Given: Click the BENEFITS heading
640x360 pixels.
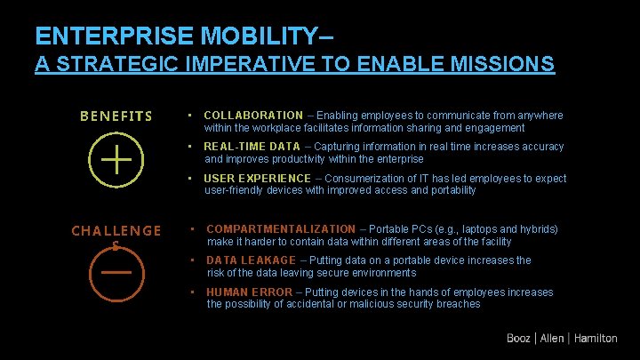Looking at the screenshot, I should [x=116, y=116].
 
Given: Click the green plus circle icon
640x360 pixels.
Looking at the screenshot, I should [x=116, y=161].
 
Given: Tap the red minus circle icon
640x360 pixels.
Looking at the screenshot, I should [x=116, y=273].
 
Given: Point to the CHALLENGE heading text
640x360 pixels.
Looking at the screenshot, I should [x=116, y=231].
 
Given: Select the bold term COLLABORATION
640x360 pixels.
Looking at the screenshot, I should [x=253, y=116].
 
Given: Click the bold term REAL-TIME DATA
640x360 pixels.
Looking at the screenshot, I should [x=252, y=147].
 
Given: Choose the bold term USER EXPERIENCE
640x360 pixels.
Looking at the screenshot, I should [x=258, y=179].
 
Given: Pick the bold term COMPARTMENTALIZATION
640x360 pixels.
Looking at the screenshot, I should [x=280, y=229].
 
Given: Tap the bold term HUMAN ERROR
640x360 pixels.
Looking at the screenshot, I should [x=250, y=292].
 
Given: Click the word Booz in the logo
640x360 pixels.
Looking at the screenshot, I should [x=518, y=338].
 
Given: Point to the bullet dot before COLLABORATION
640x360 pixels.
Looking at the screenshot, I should [x=190, y=116].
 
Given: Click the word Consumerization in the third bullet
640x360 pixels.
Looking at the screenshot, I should [x=364, y=179].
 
